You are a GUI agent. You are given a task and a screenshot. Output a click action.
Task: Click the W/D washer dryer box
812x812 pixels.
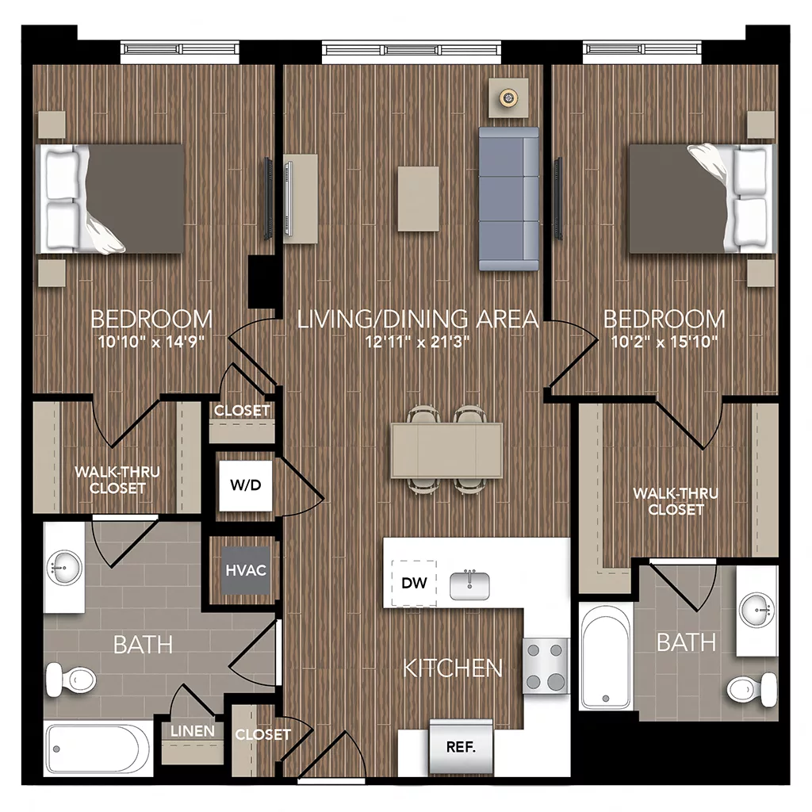[x=245, y=485]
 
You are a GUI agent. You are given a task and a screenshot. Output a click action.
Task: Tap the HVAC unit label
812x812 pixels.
[x=245, y=570]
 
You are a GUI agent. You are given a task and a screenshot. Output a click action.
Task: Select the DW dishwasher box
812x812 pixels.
[x=414, y=584]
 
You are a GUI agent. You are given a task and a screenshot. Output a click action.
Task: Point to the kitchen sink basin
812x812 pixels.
[x=470, y=585]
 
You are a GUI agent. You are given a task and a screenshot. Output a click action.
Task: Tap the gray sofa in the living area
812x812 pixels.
[x=508, y=198]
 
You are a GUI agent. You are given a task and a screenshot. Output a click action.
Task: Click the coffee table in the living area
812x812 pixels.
[x=418, y=198]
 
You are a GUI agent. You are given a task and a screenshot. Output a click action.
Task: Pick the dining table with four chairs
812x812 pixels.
[x=446, y=450]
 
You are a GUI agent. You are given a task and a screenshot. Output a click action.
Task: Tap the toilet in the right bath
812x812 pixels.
[x=753, y=688]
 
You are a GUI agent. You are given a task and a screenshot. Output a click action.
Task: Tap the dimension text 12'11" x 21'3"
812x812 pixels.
[x=418, y=343]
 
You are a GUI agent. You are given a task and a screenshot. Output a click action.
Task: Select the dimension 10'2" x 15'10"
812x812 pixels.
[x=665, y=343]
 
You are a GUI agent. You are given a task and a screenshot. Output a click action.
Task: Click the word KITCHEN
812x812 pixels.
[x=453, y=668]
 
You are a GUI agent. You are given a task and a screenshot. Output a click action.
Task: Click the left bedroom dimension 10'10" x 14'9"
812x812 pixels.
[x=151, y=343]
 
